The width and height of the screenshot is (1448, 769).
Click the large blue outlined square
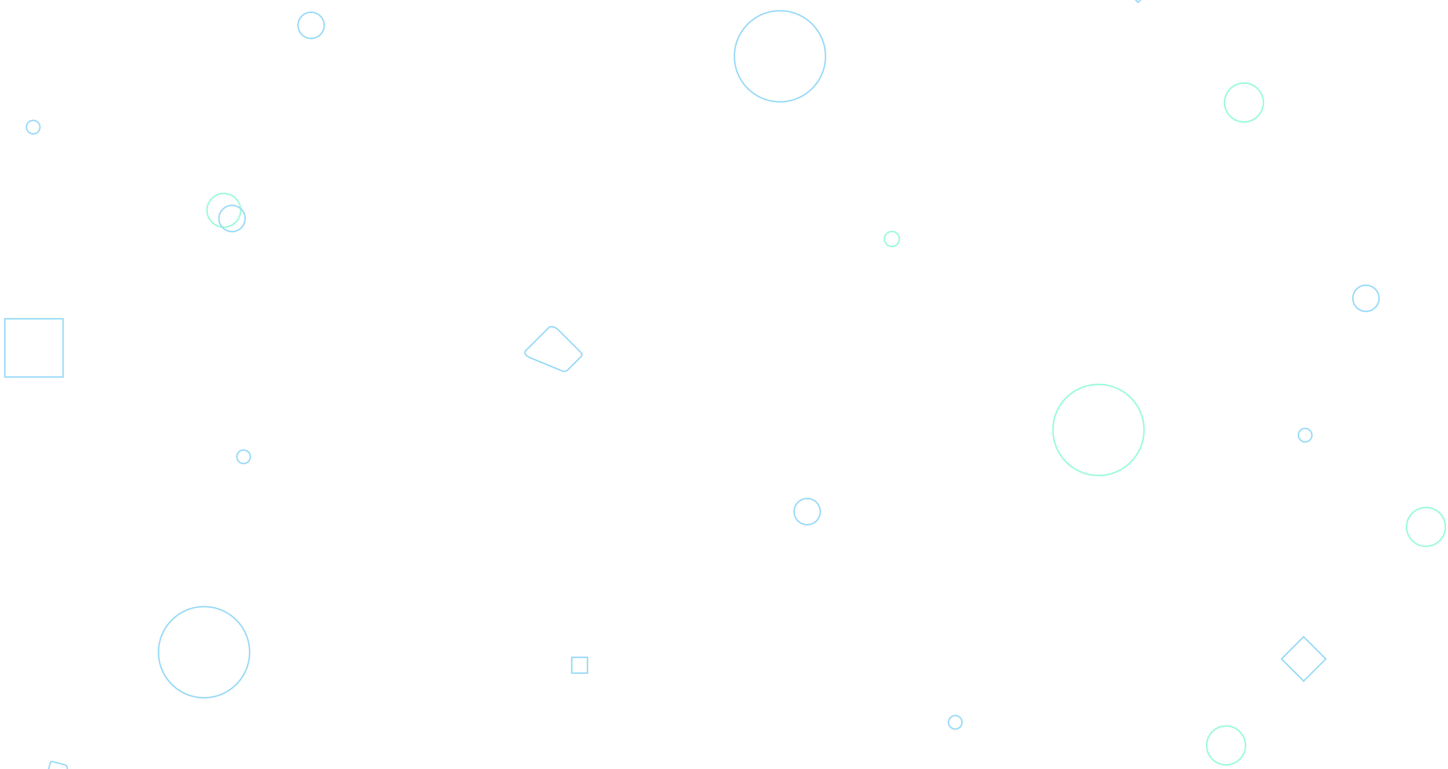coord(34,348)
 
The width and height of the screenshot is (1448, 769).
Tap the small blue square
coord(579,665)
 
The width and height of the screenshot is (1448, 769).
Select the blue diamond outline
coord(1303,659)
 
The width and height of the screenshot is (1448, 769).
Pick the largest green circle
coord(1098,430)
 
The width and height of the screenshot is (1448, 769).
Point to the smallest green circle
coord(891,239)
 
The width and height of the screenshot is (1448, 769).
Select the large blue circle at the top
coord(780,56)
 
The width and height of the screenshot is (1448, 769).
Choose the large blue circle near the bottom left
coord(204,652)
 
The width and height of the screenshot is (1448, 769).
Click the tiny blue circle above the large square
coord(33,127)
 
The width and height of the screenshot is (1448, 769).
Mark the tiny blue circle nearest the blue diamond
coord(1305,435)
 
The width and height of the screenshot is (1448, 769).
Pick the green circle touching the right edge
coord(1425,527)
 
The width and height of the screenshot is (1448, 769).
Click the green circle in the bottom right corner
coord(1226,745)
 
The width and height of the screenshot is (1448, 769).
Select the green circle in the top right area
coord(1244,102)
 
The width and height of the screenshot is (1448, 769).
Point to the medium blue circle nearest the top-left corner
coord(311,25)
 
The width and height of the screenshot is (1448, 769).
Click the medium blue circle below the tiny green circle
coord(807,511)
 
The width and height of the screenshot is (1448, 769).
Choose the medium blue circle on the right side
coord(1366,299)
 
